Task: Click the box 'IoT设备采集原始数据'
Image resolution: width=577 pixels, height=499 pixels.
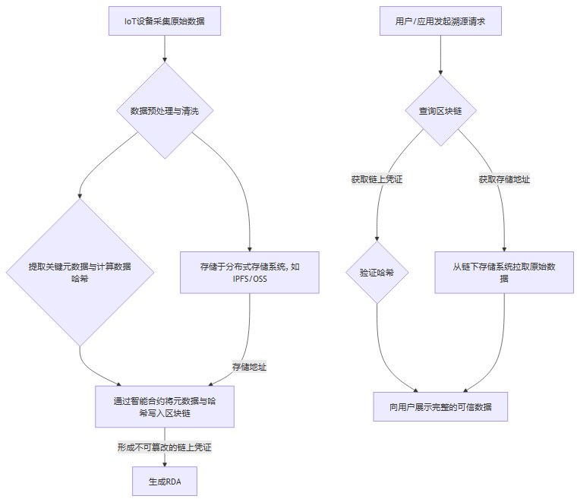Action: (165, 21)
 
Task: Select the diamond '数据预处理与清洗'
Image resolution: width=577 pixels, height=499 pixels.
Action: (165, 111)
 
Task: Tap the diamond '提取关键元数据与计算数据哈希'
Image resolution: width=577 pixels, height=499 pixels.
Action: (80, 272)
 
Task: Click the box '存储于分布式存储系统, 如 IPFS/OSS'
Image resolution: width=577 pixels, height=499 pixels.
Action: (250, 273)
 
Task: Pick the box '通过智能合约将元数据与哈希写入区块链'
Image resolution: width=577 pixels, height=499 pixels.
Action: (164, 406)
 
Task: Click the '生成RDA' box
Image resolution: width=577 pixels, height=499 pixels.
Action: (164, 482)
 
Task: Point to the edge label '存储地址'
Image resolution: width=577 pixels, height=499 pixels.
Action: (249, 367)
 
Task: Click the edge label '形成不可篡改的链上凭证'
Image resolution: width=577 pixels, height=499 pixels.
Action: (164, 447)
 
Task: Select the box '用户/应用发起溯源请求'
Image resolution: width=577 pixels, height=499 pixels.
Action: (440, 21)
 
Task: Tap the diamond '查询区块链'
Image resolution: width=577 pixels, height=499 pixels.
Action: (440, 111)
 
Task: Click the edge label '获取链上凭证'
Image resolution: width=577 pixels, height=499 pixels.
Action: (377, 180)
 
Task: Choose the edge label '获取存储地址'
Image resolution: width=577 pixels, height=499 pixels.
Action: (504, 180)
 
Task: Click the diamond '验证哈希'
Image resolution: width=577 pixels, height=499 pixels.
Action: (377, 273)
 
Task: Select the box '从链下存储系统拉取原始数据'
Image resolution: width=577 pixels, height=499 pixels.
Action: (504, 273)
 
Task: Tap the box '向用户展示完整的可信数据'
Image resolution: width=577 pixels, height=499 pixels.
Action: (440, 406)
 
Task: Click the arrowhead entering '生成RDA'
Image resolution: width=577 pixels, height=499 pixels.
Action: (164, 463)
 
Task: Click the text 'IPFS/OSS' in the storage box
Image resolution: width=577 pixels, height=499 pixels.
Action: (250, 279)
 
